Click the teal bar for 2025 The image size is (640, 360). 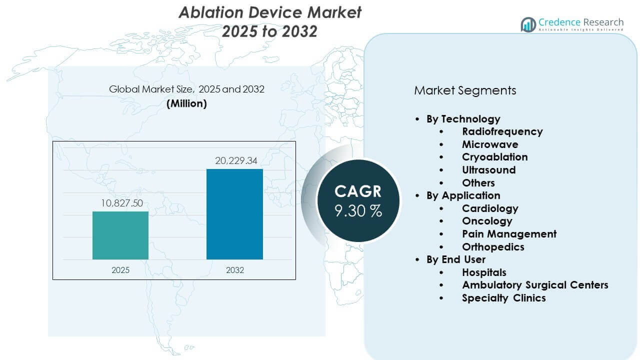point(120,235)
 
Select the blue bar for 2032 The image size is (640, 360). point(234,214)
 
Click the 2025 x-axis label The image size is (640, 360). point(120,270)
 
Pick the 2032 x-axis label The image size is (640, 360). point(234,270)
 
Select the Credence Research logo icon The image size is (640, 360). point(528,24)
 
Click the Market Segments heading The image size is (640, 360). point(465,90)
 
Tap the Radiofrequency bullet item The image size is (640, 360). point(502,131)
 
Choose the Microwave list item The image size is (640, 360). point(489,144)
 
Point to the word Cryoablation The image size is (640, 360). point(494,157)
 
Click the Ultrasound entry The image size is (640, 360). point(488,170)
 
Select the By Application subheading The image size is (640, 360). point(463,195)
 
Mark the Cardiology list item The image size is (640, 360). point(490,208)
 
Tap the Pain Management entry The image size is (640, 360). point(509,234)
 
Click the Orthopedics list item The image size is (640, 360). point(493,247)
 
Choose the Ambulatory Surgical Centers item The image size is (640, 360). point(535,285)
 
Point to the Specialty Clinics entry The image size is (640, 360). point(503,298)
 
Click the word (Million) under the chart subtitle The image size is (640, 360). point(186,103)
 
